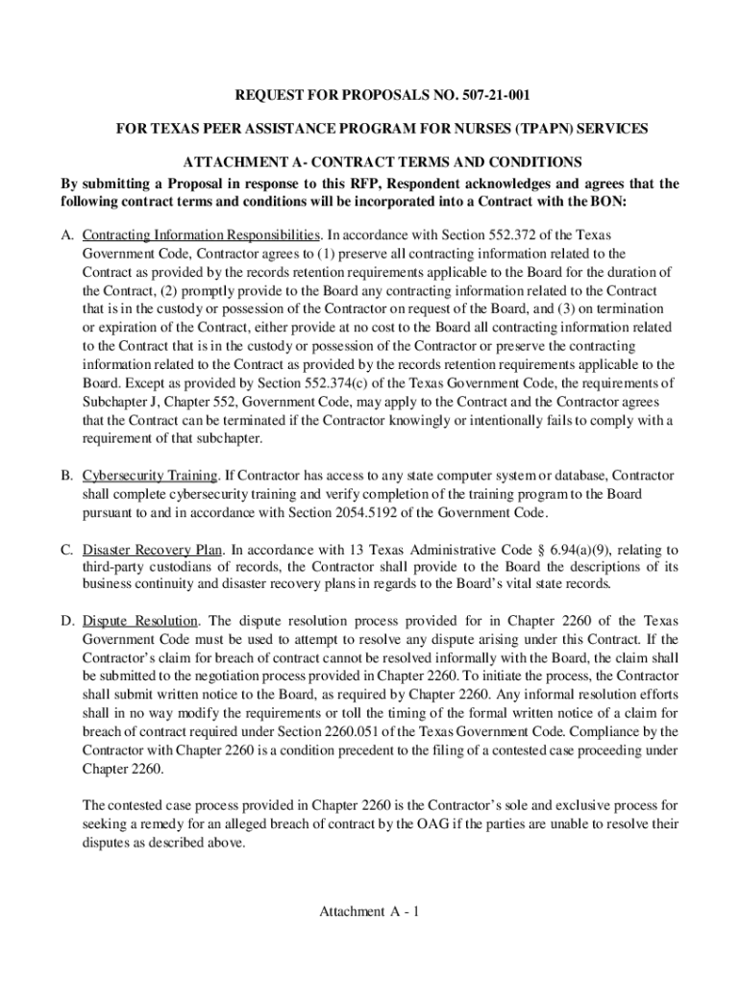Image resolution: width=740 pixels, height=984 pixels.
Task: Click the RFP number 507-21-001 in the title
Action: click(487, 95)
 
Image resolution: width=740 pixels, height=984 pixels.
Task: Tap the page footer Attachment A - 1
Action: click(370, 912)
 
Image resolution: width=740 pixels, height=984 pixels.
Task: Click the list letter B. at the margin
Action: click(67, 476)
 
